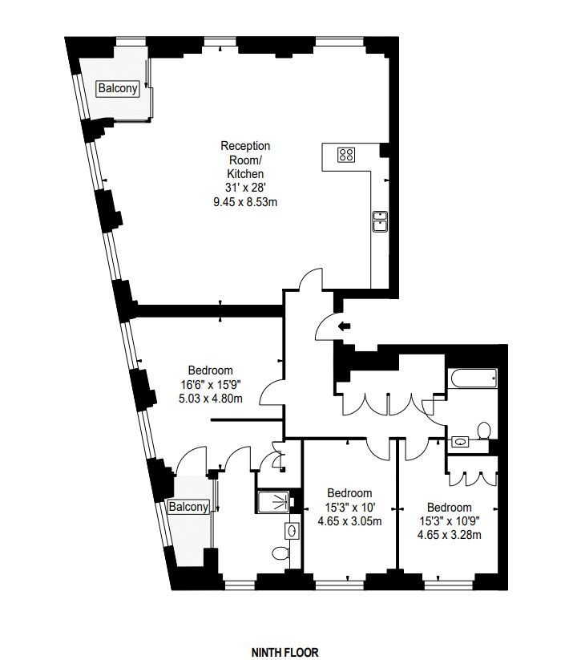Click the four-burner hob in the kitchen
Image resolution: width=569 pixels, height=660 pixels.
pyautogui.click(x=346, y=155)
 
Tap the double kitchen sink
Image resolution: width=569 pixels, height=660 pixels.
pyautogui.click(x=380, y=221)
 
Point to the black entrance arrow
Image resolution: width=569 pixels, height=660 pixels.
pyautogui.click(x=345, y=326)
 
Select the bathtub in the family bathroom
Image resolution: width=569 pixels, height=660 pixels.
pyautogui.click(x=472, y=379)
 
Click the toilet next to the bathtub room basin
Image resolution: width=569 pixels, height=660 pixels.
pyautogui.click(x=484, y=431)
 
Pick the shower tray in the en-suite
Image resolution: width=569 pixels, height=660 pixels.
pyautogui.click(x=273, y=502)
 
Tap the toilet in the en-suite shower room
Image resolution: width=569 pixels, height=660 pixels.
pyautogui.click(x=280, y=553)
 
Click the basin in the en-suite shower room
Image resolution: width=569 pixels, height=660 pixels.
pyautogui.click(x=292, y=531)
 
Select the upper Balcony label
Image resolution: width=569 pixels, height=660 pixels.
pyautogui.click(x=118, y=88)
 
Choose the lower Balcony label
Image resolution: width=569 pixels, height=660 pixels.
pyautogui.click(x=188, y=507)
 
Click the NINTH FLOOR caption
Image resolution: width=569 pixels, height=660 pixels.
pyautogui.click(x=285, y=653)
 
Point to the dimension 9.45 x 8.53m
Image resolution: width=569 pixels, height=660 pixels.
pyautogui.click(x=245, y=202)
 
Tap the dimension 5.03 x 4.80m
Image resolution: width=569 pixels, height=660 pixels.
pyautogui.click(x=210, y=399)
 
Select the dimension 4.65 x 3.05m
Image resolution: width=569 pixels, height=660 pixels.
pyautogui.click(x=349, y=521)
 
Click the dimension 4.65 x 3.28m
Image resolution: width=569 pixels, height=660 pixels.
pyautogui.click(x=449, y=535)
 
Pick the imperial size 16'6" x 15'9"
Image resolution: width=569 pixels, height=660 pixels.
pyautogui.click(x=210, y=384)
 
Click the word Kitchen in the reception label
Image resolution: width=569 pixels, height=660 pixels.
pyautogui.click(x=245, y=174)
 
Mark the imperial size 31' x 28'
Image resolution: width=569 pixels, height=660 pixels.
pyautogui.click(x=245, y=188)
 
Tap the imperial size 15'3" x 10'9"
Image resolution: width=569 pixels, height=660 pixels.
pyautogui.click(x=450, y=521)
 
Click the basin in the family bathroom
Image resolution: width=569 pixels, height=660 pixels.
pyautogui.click(x=461, y=442)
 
